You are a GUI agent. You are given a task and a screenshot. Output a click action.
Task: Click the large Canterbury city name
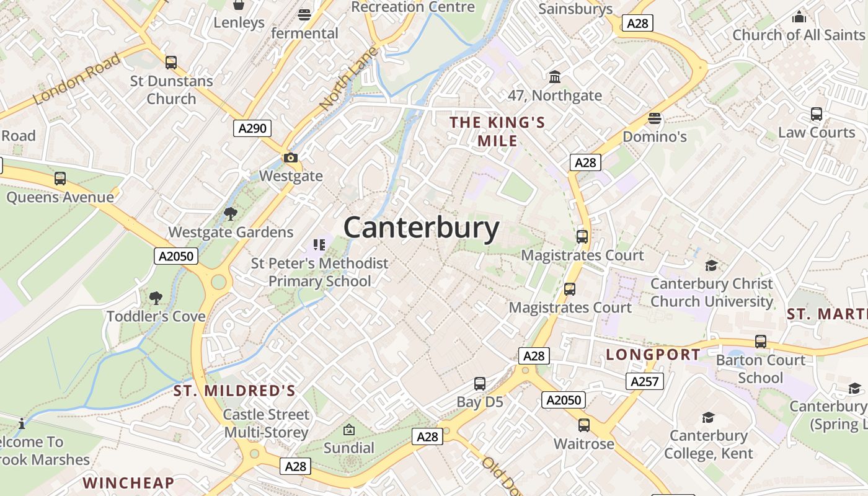(x=421, y=228)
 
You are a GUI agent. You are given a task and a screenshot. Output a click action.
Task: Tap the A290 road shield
(x=252, y=128)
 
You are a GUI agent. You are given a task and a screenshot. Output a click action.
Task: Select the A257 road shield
(x=644, y=381)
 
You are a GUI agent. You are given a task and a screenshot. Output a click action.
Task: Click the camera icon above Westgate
(x=290, y=158)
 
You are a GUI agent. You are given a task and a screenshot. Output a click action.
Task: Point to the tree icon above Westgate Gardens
(x=231, y=215)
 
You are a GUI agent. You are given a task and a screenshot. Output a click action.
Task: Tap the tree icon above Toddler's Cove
(x=156, y=298)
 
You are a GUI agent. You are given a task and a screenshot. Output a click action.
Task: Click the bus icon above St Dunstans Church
(x=170, y=63)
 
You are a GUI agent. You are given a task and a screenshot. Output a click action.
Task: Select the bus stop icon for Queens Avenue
(x=60, y=179)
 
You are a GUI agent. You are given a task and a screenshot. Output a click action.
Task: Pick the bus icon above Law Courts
(x=816, y=114)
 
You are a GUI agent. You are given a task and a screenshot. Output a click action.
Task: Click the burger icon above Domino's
(x=655, y=118)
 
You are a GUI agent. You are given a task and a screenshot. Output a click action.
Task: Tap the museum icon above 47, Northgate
(x=555, y=77)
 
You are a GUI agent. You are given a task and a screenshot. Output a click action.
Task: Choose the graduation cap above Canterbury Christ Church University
(x=711, y=266)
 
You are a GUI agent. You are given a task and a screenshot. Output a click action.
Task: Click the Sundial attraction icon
(x=349, y=429)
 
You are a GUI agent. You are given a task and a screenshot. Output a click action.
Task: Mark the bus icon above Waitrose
(x=583, y=425)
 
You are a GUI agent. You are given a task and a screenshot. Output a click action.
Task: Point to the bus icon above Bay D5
(x=479, y=384)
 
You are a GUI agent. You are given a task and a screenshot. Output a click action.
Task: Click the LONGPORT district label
(x=653, y=355)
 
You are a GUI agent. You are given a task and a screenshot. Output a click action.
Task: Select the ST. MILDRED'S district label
(x=234, y=391)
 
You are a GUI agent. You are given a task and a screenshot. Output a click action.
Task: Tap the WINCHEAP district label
(x=128, y=482)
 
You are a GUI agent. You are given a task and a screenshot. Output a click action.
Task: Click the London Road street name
(x=76, y=79)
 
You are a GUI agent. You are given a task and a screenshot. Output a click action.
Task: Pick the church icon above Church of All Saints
(x=799, y=17)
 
